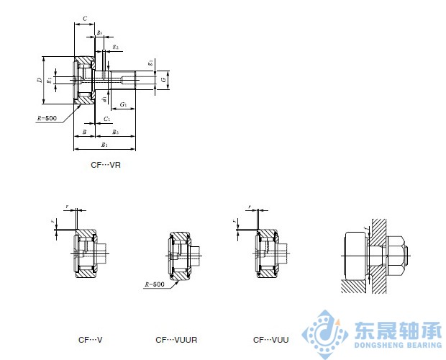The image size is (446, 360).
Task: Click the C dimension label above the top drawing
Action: coord(85,18)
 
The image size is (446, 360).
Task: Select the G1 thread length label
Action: coord(124,104)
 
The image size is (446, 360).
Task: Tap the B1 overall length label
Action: coord(104,145)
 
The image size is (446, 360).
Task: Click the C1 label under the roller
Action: coord(106,118)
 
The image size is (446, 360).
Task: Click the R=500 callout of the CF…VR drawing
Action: coord(46,117)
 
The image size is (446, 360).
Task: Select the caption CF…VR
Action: coord(105,165)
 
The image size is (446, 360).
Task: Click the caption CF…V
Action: coord(91,339)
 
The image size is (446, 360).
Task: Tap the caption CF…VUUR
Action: coord(176,339)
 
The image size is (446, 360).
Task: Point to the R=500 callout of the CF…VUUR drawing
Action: coord(154,284)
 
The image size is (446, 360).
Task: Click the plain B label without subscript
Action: coord(84,133)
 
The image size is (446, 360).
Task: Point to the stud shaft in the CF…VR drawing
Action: coord(133,78)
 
